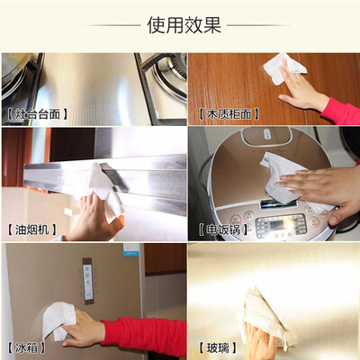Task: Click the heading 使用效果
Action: (x=184, y=25)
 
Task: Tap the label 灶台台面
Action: (x=38, y=114)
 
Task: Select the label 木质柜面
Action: (x=229, y=114)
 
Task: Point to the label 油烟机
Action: (x=31, y=229)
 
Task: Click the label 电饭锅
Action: (x=223, y=229)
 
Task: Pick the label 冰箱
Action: (x=26, y=348)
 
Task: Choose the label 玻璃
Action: (x=218, y=348)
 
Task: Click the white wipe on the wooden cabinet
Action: (x=283, y=68)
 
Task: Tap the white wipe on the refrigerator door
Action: (x=58, y=319)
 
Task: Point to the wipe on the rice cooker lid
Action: (x=288, y=180)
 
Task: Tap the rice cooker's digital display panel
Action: (x=281, y=224)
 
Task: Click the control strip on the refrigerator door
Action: (x=88, y=281)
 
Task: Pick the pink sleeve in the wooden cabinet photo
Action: (x=342, y=111)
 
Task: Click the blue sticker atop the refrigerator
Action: (x=131, y=249)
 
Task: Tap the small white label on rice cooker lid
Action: (x=266, y=134)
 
